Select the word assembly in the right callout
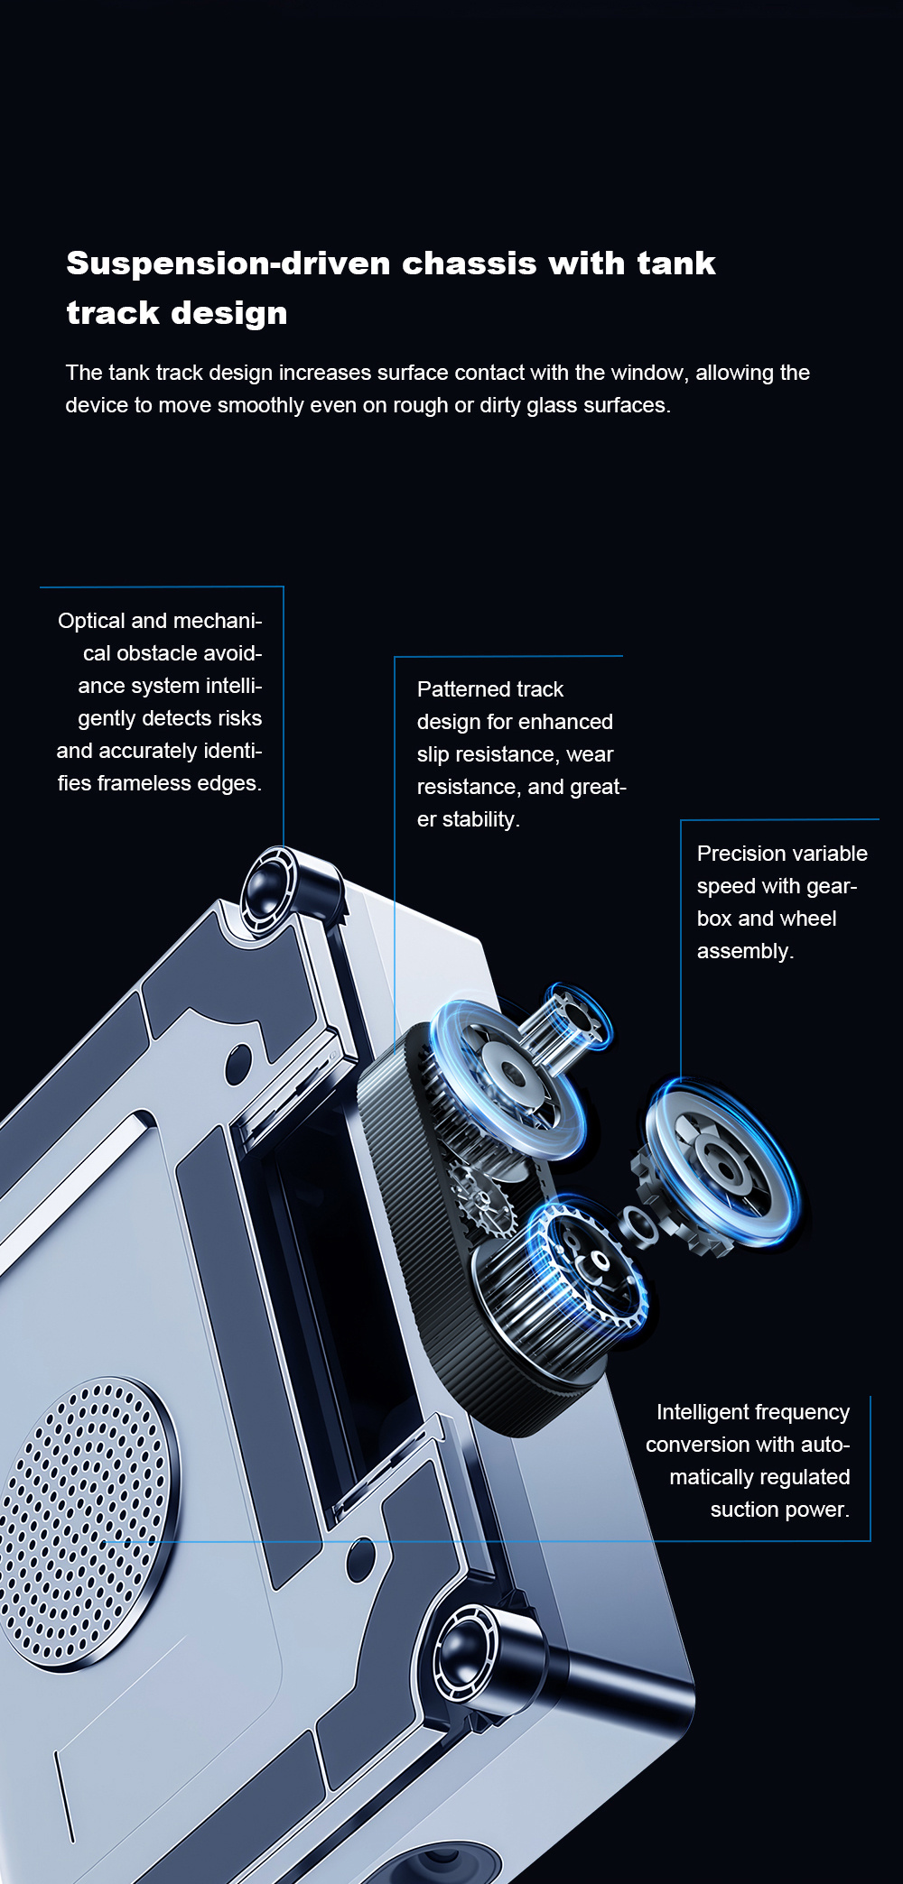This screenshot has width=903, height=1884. pyautogui.click(x=743, y=952)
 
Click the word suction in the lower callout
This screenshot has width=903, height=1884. pyautogui.click(x=743, y=1510)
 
